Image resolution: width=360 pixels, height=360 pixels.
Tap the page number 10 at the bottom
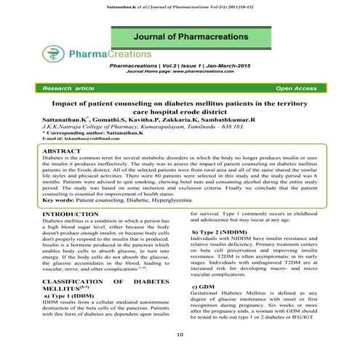(180, 335)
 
